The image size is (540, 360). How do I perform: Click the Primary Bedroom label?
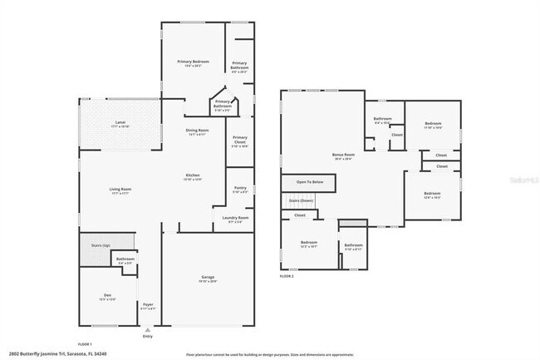193,62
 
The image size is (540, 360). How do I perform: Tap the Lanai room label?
120,123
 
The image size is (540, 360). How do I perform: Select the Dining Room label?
197,131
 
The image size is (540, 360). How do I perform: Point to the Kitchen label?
192,175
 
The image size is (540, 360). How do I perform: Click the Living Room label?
120,190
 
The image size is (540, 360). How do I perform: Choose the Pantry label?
240,188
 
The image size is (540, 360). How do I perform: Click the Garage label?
208,277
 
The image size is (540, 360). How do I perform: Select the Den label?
107,296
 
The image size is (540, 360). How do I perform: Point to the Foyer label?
149,304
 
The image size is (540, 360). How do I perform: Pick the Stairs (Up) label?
101,245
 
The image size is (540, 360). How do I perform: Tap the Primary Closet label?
240,138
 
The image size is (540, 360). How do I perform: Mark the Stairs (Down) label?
301,200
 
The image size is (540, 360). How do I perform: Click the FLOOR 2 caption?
287,275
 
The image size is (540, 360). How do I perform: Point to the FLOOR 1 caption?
85,343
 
